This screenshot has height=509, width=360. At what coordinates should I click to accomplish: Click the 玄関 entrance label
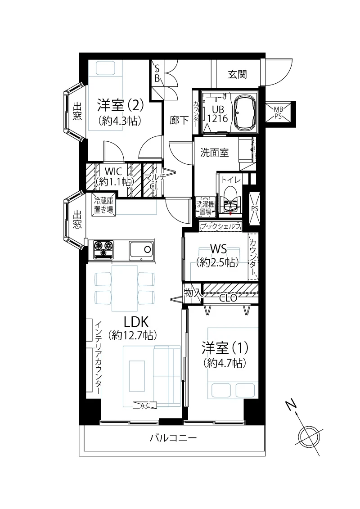coord(237,74)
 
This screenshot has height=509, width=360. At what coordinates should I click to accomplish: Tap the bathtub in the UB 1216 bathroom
coord(245,111)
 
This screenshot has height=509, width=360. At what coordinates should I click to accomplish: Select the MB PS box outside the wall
coord(278,112)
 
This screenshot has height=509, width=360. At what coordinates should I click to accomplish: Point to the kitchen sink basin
coord(142,250)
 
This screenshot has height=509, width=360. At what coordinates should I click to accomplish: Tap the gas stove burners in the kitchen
coord(103,249)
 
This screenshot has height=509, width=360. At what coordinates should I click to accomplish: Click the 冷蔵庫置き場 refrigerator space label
coord(103,205)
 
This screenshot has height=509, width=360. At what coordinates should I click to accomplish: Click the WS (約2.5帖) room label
coord(217,256)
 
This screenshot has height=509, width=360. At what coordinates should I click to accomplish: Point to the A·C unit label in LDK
coord(145,405)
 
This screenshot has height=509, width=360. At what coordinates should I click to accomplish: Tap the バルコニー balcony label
coord(173,438)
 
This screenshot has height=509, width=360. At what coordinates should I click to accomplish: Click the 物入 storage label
coord(193,293)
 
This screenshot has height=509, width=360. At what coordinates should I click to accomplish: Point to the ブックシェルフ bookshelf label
coord(220,226)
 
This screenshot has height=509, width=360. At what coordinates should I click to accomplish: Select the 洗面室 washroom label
coord(214,152)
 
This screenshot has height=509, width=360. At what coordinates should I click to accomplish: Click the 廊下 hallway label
coord(179,121)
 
